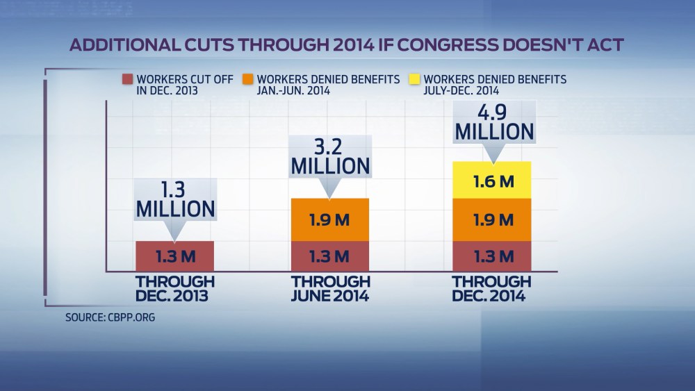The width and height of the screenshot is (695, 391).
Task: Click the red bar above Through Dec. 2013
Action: (174, 256)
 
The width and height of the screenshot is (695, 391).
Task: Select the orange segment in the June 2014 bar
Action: (331, 219)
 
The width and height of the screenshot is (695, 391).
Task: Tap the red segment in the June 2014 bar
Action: (331, 256)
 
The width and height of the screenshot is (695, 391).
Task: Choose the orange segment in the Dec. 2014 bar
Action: (492, 219)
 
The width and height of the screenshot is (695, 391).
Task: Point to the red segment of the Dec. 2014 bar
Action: (492, 256)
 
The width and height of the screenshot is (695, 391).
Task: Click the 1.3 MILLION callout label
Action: (174, 199)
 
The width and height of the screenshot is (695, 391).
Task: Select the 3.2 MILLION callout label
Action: (331, 158)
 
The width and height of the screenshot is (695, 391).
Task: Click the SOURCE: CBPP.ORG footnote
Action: (110, 317)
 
